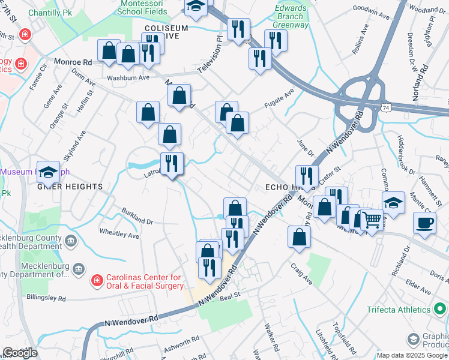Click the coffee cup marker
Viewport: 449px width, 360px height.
click(x=425, y=223)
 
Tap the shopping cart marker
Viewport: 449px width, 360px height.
click(x=372, y=220)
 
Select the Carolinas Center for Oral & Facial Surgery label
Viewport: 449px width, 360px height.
click(x=143, y=281)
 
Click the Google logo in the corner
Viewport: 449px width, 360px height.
click(x=20, y=353)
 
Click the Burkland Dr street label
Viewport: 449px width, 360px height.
click(x=137, y=217)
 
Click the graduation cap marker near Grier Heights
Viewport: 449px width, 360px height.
click(x=48, y=172)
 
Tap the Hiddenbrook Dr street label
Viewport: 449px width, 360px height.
click(x=406, y=154)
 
